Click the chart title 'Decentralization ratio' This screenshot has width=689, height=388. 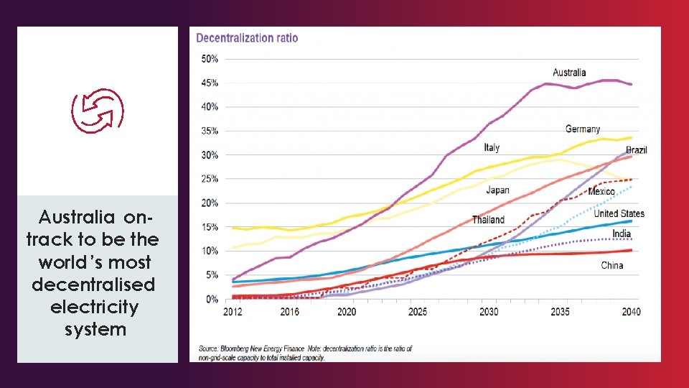(247, 38)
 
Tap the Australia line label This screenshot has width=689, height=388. (569, 73)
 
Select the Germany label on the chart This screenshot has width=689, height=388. (583, 129)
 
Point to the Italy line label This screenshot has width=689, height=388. (492, 147)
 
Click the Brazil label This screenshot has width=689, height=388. (637, 150)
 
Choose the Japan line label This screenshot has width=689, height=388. (497, 190)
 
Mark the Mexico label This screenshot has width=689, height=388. (601, 192)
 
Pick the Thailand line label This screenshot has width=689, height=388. (488, 220)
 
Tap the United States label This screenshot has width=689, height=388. (619, 213)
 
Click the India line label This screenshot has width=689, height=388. (622, 234)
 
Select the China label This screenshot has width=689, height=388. (612, 265)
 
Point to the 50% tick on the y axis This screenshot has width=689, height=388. (210, 59)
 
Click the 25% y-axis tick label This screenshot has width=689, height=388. (210, 179)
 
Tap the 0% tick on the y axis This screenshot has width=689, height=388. (212, 299)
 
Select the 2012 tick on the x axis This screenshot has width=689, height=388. (233, 312)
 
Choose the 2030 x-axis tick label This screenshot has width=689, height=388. (489, 312)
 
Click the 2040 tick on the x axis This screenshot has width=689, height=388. (632, 312)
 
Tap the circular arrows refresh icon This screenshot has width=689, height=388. (98, 111)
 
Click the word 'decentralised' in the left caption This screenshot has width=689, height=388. (93, 285)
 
